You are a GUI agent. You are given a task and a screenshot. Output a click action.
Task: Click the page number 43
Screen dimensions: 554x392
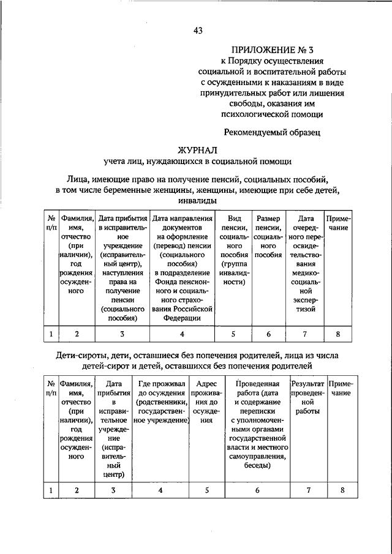(197, 30)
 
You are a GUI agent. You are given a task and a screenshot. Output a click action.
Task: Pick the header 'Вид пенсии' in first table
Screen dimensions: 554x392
(233, 250)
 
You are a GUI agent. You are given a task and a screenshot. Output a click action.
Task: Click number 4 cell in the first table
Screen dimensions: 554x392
(182, 334)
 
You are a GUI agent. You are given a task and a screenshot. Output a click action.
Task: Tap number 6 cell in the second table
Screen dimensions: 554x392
(257, 490)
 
